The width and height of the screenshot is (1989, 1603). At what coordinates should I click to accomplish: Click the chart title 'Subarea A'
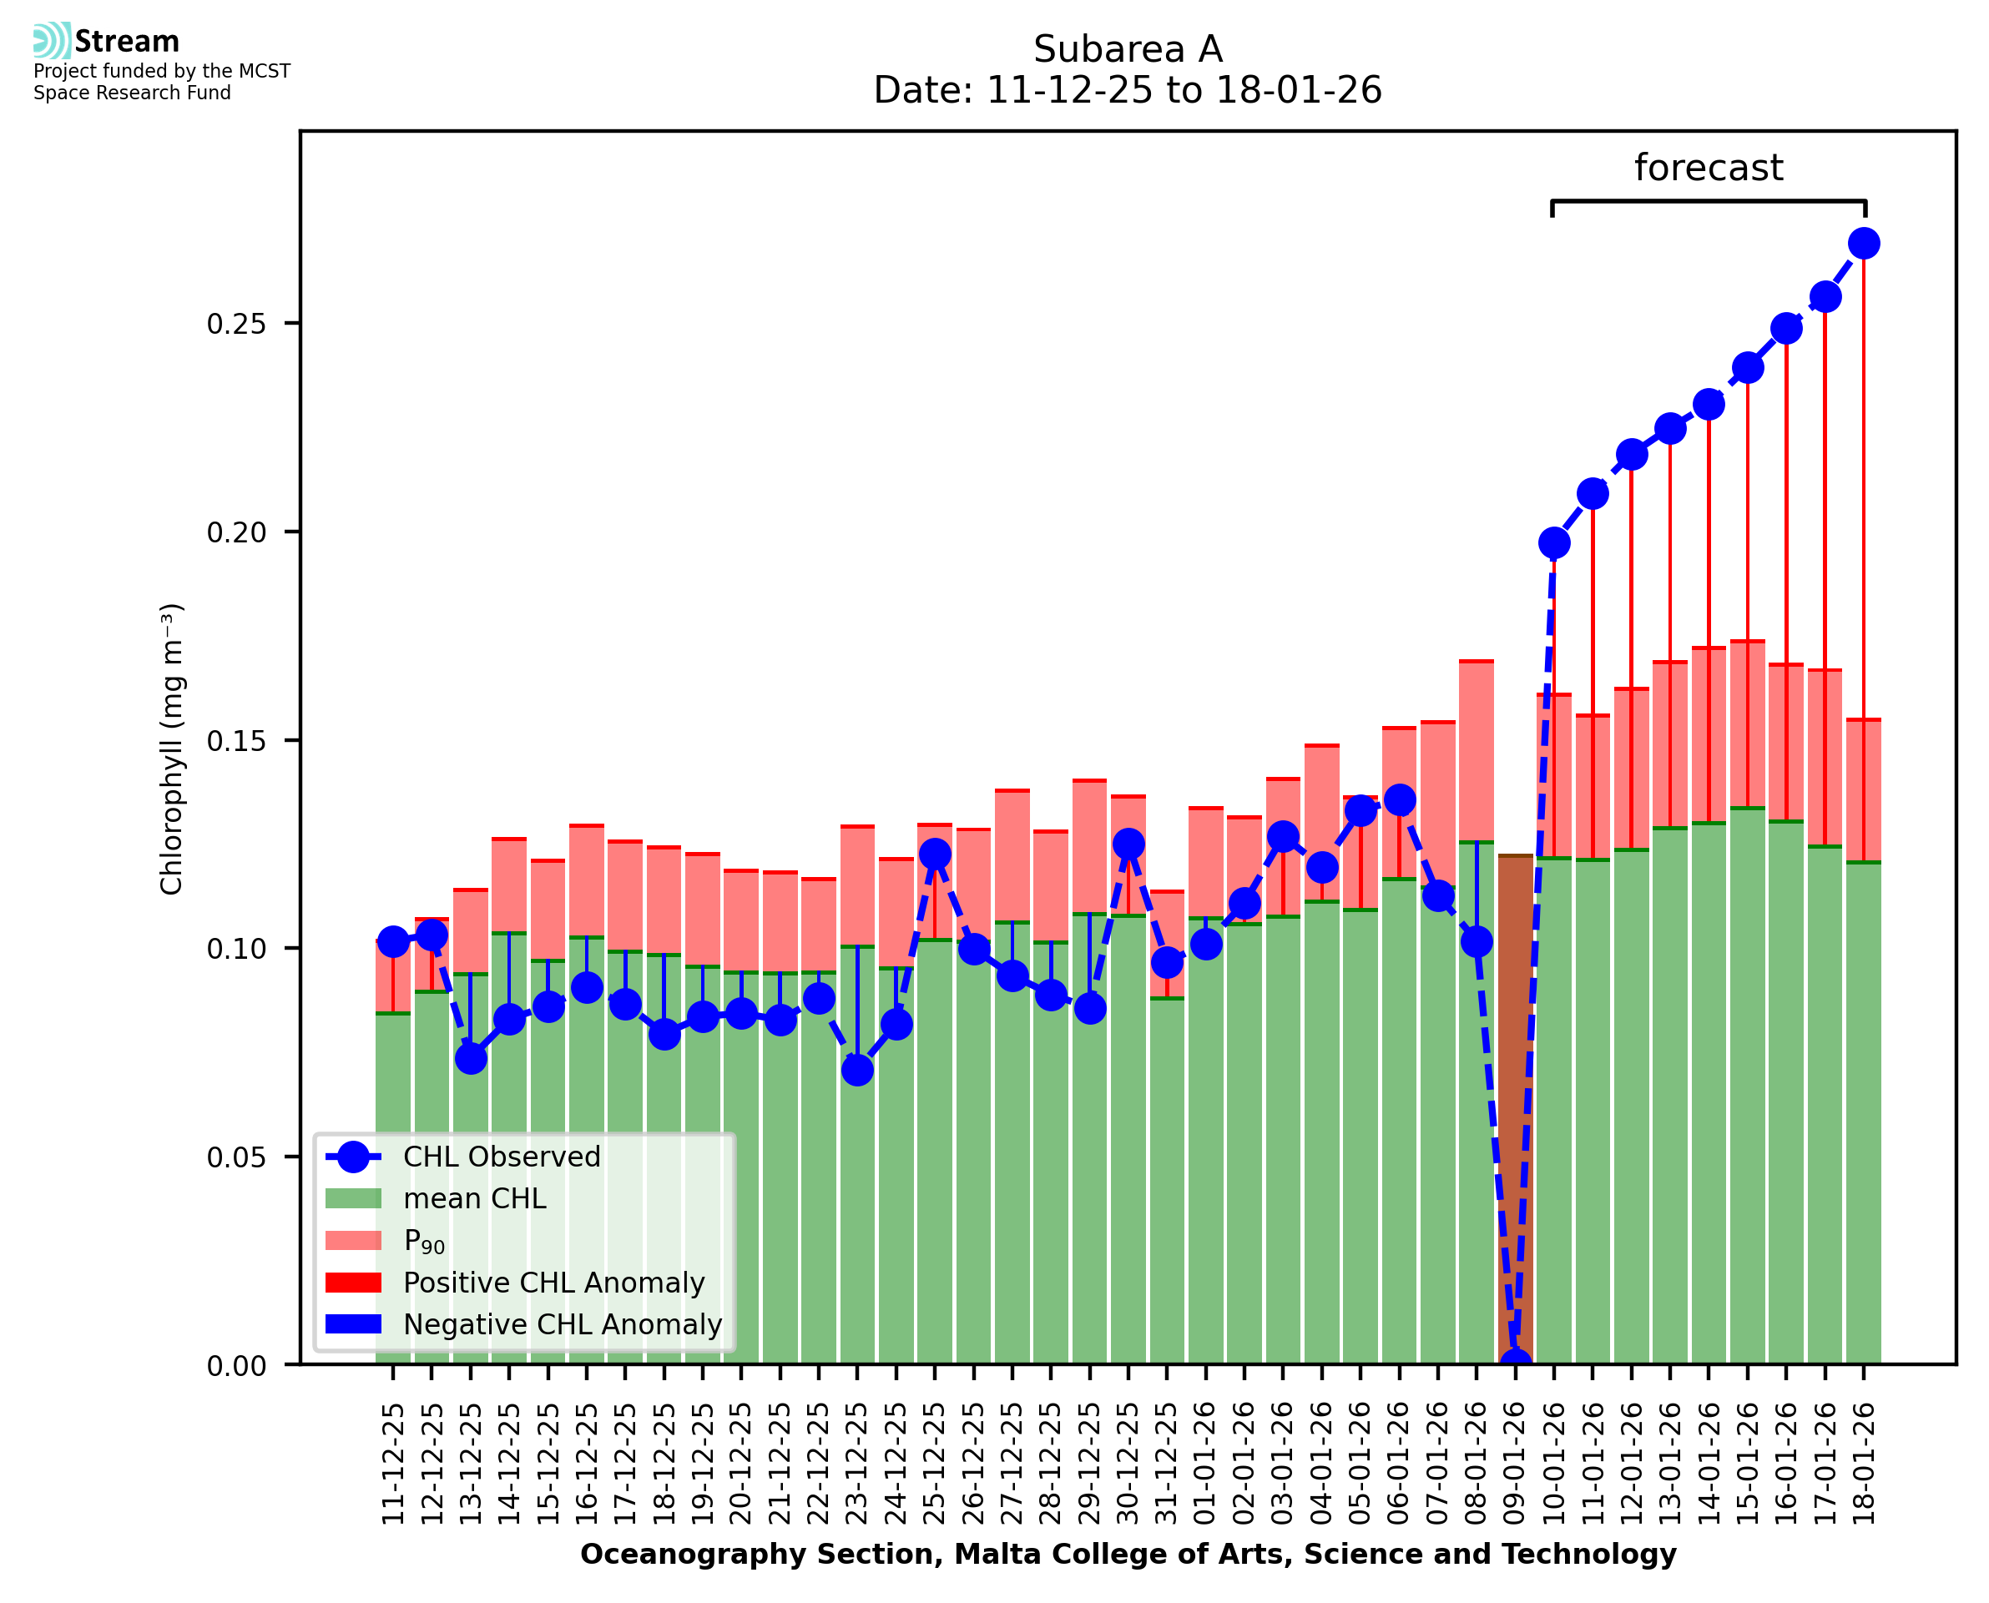point(1127,49)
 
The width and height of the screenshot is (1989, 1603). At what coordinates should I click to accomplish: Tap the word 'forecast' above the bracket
point(1708,168)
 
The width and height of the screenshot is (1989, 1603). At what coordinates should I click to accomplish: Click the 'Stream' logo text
point(127,42)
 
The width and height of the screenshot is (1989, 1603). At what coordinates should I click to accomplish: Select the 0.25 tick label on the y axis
point(235,324)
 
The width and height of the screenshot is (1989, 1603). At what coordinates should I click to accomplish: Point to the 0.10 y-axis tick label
point(235,948)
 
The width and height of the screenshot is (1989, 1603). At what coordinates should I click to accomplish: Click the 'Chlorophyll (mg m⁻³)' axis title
point(172,749)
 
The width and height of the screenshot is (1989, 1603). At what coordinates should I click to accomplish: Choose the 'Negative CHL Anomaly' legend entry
point(562,1324)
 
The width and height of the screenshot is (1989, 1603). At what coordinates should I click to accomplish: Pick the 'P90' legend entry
point(424,1241)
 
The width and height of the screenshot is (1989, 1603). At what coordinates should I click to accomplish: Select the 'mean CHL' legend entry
point(475,1198)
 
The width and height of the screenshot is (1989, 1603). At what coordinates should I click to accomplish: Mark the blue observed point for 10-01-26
point(1553,543)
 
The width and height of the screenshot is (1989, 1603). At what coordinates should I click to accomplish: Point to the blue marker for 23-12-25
point(857,1071)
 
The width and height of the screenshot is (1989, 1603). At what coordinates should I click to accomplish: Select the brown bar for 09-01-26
point(1514,1108)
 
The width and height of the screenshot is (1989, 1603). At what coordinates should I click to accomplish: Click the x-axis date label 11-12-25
point(393,1464)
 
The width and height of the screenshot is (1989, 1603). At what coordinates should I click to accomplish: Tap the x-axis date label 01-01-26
point(1205,1464)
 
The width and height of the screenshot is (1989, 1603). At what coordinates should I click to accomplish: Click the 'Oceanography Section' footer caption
point(1128,1554)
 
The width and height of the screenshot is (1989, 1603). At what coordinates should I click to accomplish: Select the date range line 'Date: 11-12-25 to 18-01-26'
point(1127,90)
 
